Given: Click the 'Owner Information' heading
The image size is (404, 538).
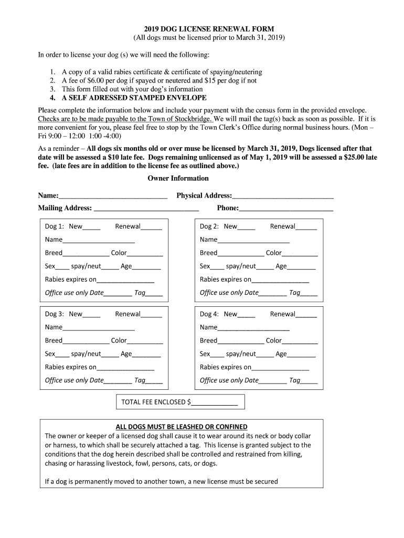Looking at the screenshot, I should coord(178,178).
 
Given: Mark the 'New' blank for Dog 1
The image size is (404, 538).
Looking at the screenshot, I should coord(91,228).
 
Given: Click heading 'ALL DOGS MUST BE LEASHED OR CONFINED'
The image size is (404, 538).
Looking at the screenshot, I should coord(182,427).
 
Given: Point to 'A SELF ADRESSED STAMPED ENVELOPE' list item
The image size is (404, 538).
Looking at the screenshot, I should coord(134,98).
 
